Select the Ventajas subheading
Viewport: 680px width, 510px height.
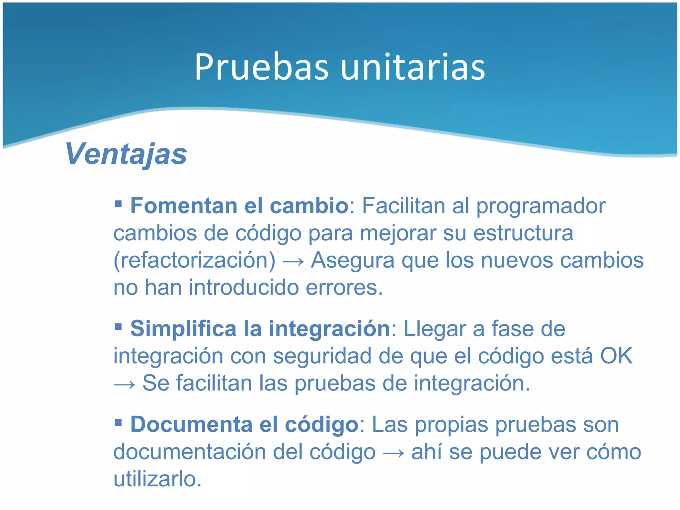[126, 154]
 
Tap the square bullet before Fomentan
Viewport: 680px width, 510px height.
[118, 203]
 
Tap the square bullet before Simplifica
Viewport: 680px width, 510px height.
[118, 326]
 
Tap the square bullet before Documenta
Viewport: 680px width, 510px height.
[118, 422]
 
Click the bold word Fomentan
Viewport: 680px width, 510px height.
[184, 206]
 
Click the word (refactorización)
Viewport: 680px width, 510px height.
[195, 261]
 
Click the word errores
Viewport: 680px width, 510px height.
[344, 288]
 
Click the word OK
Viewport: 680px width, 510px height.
[616, 356]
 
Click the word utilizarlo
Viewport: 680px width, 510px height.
[157, 479]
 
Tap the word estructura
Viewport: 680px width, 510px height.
[523, 233]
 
